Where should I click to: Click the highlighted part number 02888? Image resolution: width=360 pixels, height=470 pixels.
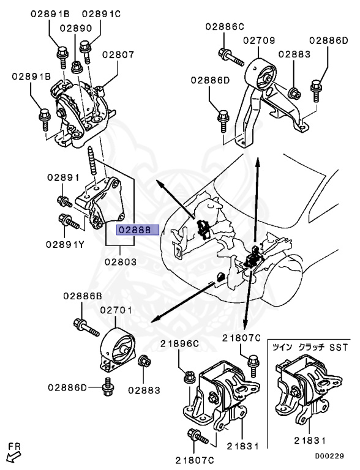click(138, 231)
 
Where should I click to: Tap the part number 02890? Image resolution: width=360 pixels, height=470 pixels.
click(76, 28)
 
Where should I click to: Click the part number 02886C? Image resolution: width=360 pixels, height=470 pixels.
click(224, 26)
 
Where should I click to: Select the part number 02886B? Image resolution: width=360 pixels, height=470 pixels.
click(82, 296)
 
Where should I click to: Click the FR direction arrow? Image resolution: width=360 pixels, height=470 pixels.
click(11, 453)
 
